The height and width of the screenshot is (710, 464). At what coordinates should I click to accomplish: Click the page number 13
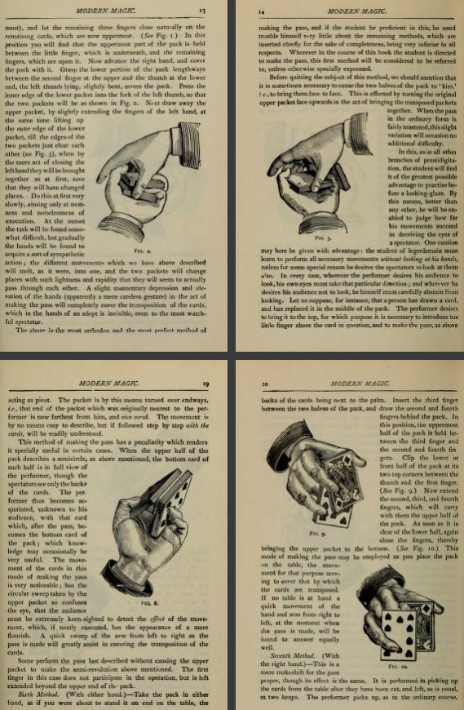(x=214, y=10)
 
